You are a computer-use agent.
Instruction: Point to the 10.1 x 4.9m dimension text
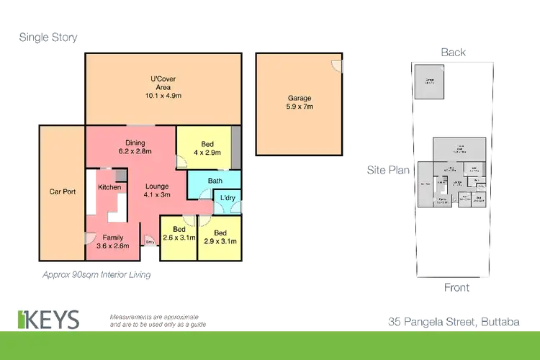[158, 95]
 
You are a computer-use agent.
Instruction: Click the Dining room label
[135, 142]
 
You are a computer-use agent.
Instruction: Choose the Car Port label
[62, 192]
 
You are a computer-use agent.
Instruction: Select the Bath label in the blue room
[215, 181]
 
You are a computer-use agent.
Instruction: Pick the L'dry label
[228, 198]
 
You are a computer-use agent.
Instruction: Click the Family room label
[112, 237]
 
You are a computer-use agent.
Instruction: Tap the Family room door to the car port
[90, 237]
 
